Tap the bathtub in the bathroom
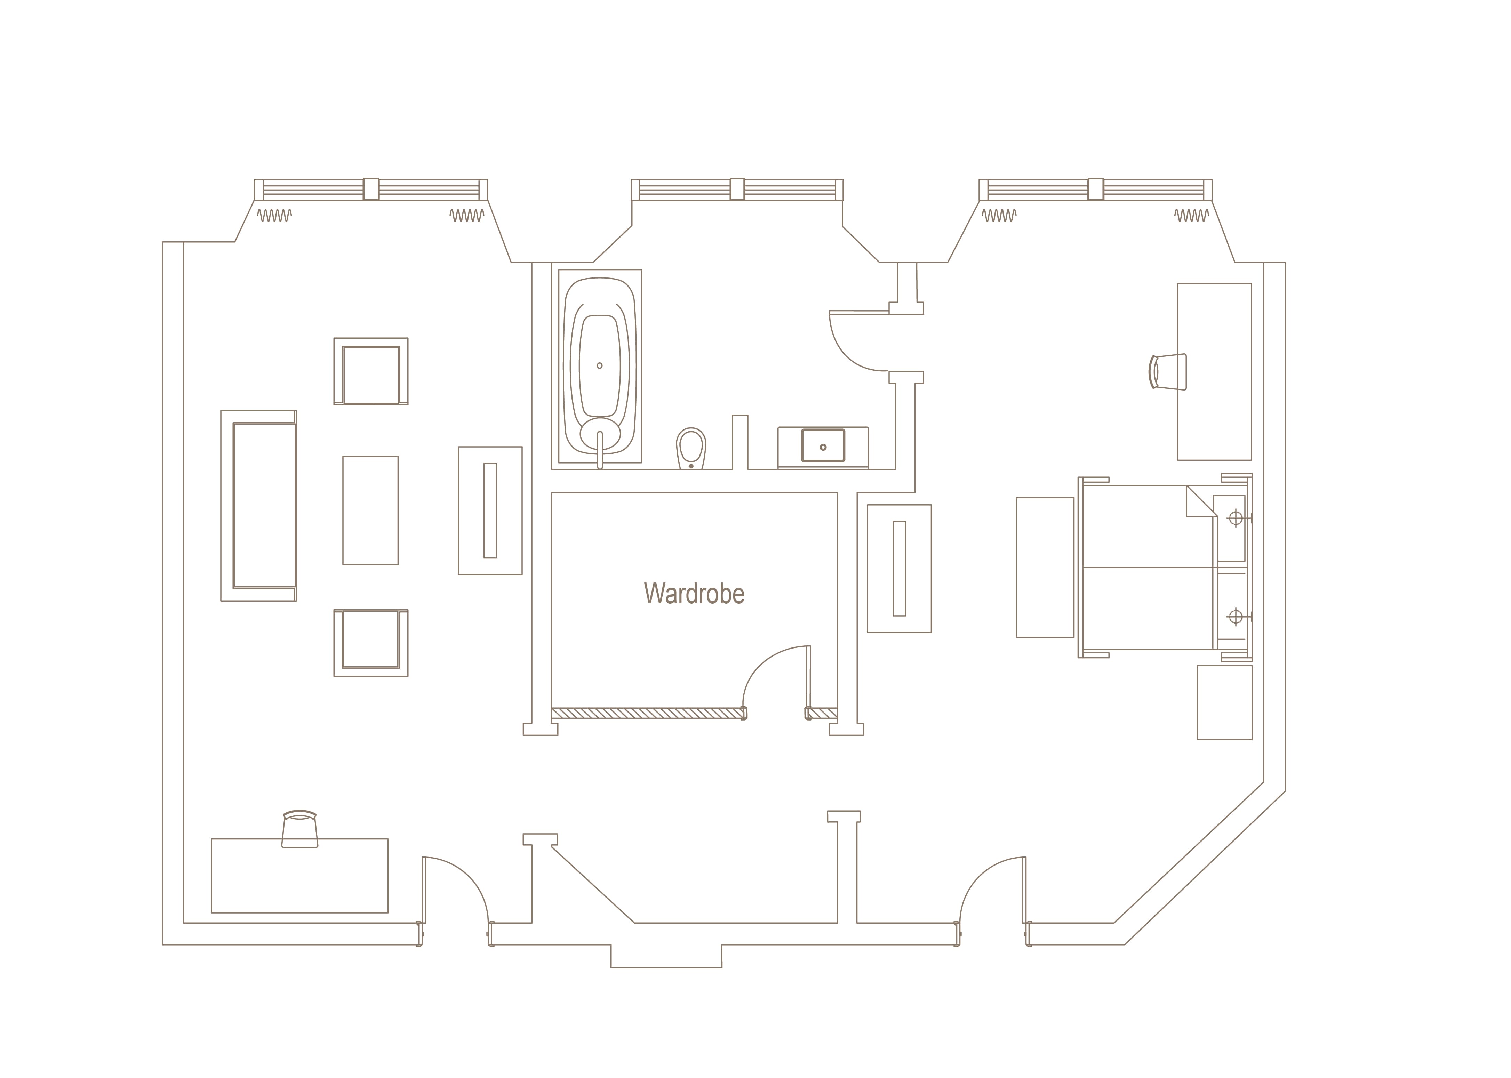click(x=599, y=367)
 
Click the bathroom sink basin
click(x=823, y=445)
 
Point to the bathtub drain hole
click(x=599, y=366)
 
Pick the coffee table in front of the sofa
click(x=370, y=510)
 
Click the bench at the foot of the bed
click(x=1045, y=568)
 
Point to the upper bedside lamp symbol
click(x=1236, y=518)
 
